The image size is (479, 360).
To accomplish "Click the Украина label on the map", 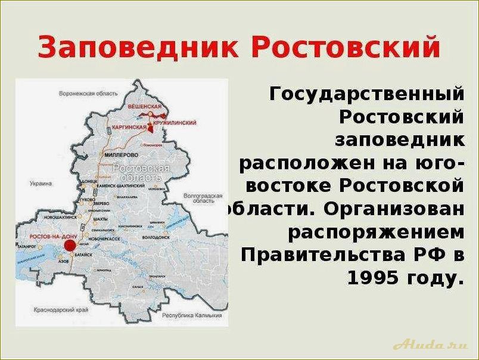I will [x=41, y=184].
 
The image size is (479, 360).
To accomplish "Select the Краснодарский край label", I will [x=64, y=312].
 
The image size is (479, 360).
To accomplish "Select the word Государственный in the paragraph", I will [x=366, y=94].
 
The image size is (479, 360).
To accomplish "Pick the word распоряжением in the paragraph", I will [x=376, y=231].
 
